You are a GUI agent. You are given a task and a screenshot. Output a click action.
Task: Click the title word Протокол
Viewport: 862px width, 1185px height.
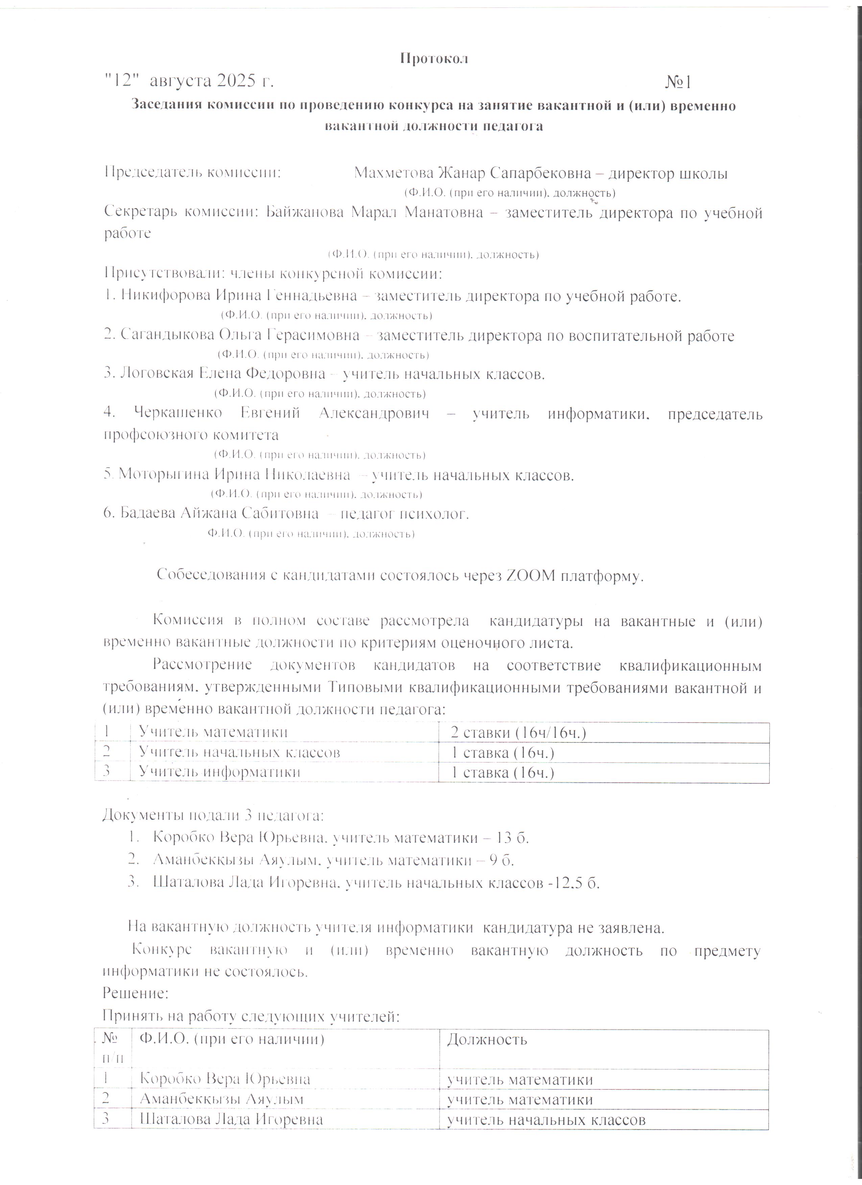(x=434, y=58)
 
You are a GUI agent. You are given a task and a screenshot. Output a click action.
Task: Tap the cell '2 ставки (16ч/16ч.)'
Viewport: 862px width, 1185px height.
(x=518, y=733)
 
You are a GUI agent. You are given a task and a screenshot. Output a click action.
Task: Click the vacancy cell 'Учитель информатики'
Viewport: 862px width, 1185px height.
(x=219, y=772)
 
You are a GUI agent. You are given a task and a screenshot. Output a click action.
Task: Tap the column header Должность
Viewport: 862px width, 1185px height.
(x=487, y=1039)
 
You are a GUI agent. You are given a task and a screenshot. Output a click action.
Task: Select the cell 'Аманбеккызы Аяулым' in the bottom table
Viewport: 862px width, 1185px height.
(x=221, y=1099)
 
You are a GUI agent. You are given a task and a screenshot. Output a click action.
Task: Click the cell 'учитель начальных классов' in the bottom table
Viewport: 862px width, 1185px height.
(x=546, y=1120)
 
